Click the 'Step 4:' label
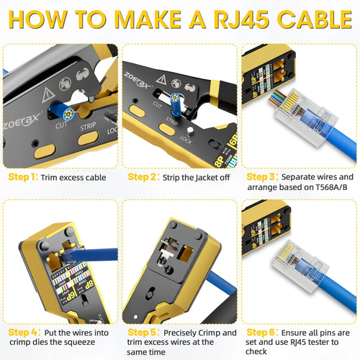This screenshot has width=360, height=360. (24, 333)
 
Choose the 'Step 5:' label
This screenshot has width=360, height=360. (143, 333)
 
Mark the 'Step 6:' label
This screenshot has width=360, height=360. (261, 333)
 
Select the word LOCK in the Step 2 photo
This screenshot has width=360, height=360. (186, 139)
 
